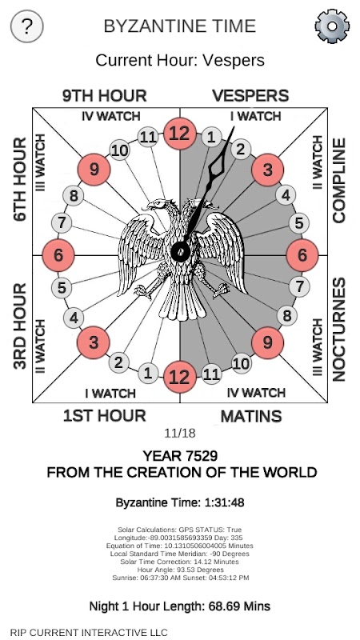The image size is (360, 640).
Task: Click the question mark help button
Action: (x=27, y=26)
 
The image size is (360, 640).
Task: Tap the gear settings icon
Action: (x=332, y=26)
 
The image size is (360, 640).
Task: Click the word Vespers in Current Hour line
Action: (x=234, y=61)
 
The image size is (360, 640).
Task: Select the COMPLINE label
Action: (x=338, y=181)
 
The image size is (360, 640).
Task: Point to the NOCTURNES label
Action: (x=338, y=330)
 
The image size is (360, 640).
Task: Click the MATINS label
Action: (x=251, y=416)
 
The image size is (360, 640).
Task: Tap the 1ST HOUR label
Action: (x=105, y=416)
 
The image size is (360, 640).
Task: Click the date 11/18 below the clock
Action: (x=180, y=433)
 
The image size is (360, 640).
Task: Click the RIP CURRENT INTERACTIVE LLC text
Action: (x=89, y=633)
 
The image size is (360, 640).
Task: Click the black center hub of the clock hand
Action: (x=181, y=250)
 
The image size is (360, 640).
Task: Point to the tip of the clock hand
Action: (x=234, y=127)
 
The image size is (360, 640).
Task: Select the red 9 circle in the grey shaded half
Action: (x=267, y=343)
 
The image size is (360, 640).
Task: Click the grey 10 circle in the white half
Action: (x=119, y=150)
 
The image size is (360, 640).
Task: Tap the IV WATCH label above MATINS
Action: (x=256, y=393)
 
